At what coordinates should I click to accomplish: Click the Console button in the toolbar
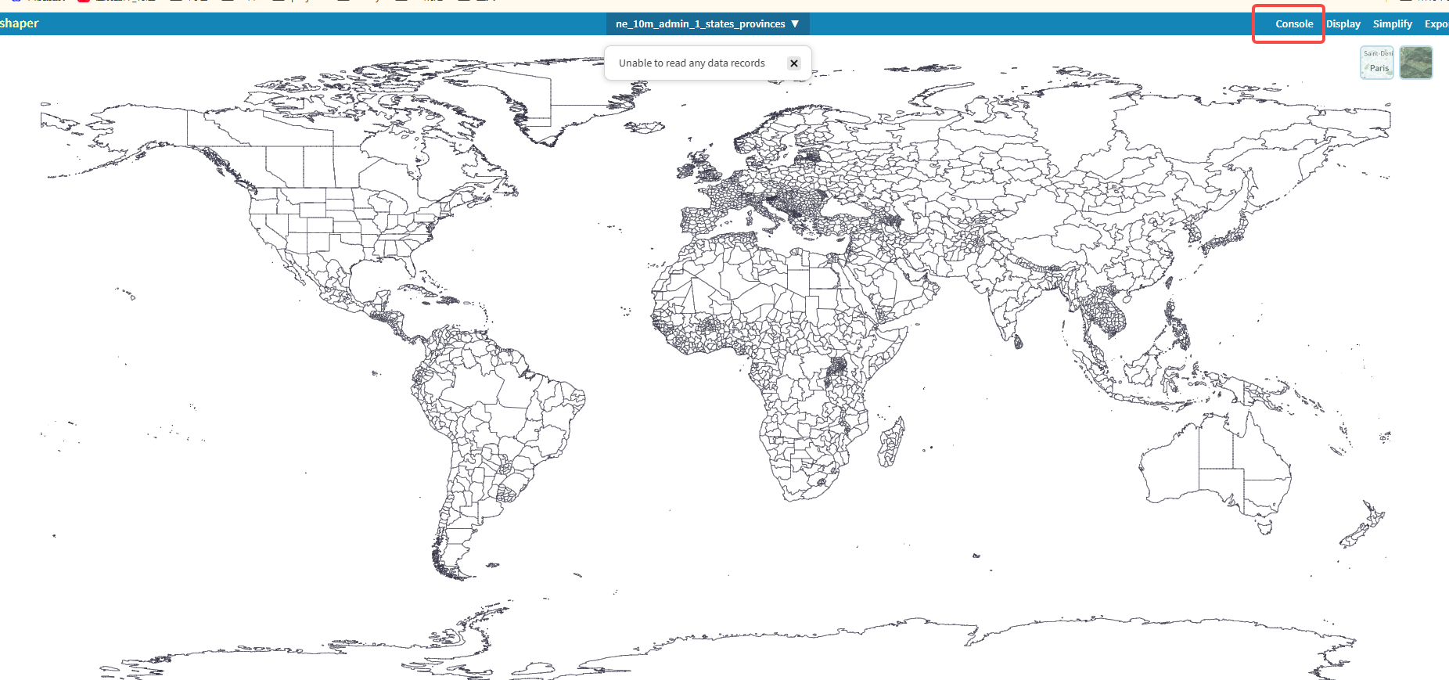pyautogui.click(x=1294, y=24)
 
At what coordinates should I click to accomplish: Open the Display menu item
pyautogui.click(x=1343, y=24)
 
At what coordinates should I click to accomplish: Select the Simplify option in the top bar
pyautogui.click(x=1393, y=24)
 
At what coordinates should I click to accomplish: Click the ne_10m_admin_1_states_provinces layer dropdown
pyautogui.click(x=700, y=24)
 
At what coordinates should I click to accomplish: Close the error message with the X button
pyautogui.click(x=794, y=63)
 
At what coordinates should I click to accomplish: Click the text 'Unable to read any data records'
pyautogui.click(x=692, y=63)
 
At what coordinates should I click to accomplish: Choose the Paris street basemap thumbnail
pyautogui.click(x=1377, y=63)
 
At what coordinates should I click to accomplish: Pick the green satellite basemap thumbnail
pyautogui.click(x=1416, y=63)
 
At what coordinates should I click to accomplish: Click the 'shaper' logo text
pyautogui.click(x=19, y=23)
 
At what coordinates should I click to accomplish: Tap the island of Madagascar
pyautogui.click(x=890, y=442)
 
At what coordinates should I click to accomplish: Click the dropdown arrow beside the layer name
pyautogui.click(x=795, y=24)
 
